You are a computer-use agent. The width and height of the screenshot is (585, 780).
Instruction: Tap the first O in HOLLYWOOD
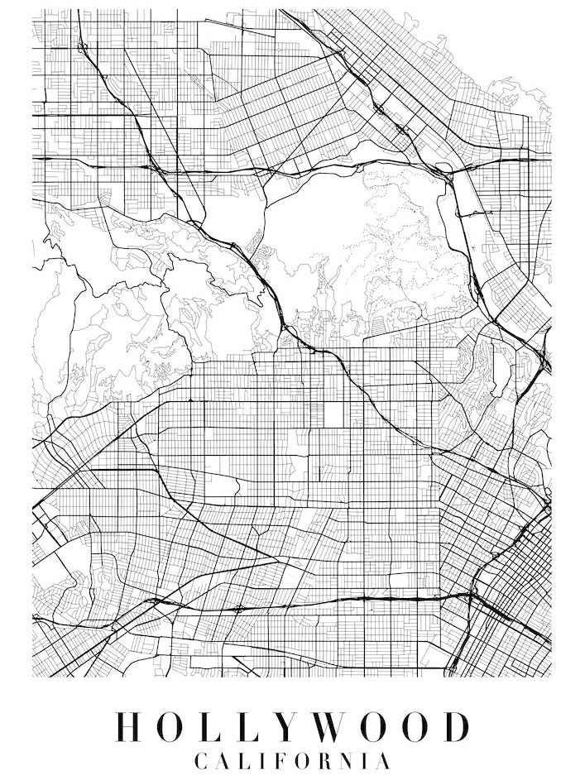click(x=175, y=726)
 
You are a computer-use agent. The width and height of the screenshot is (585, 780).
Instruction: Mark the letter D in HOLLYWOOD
click(x=456, y=726)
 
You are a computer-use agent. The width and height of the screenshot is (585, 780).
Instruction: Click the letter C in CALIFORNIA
click(x=201, y=760)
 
